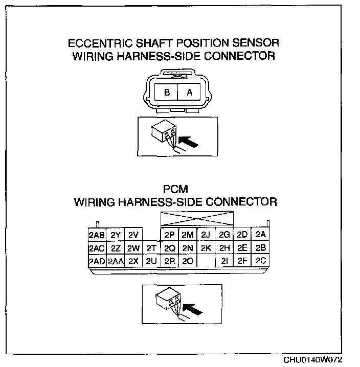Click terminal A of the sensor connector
coord(189,93)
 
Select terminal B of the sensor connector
coord(167,93)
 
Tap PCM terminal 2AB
coord(96,235)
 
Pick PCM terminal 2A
coord(261,235)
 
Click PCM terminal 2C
coord(261,261)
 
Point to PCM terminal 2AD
coord(96,261)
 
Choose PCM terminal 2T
coord(151,248)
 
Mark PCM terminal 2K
coord(206,248)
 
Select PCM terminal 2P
coord(170,235)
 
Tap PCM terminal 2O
coord(188,261)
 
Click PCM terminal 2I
coord(224,261)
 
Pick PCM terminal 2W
coord(133,248)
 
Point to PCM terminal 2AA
coord(115,261)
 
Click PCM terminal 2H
coord(224,248)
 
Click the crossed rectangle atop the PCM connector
coord(197,219)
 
